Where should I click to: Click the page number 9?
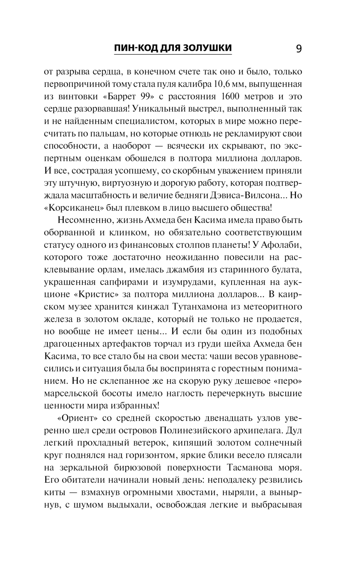pos(298,48)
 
